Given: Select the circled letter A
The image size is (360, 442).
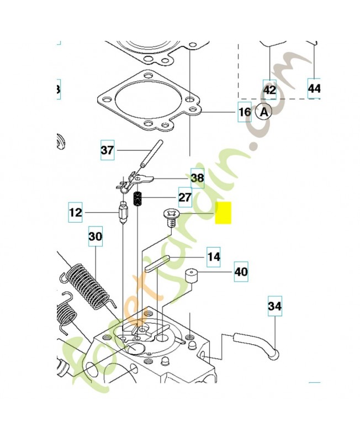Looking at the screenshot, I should pos(265,112).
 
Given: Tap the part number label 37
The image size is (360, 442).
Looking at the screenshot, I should pos(107,149).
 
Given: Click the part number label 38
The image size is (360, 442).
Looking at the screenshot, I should pos(197,177).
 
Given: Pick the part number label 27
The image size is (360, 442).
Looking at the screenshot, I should pos(184,197).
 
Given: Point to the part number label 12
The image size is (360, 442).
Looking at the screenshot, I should pos(76,212).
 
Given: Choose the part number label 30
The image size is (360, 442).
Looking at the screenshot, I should pos(96,236).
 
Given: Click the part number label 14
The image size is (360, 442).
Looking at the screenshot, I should pos(214,256).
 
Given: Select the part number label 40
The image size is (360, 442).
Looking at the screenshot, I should pos(241,271).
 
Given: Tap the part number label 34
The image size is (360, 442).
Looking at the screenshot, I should pos(274,305).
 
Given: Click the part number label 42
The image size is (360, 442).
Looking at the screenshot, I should pos(269,88).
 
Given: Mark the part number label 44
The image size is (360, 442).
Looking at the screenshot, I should pos(314,88).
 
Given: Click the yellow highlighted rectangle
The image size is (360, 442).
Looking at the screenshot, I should pos(224,213).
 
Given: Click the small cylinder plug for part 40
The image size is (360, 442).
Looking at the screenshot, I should pos(192,276).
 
